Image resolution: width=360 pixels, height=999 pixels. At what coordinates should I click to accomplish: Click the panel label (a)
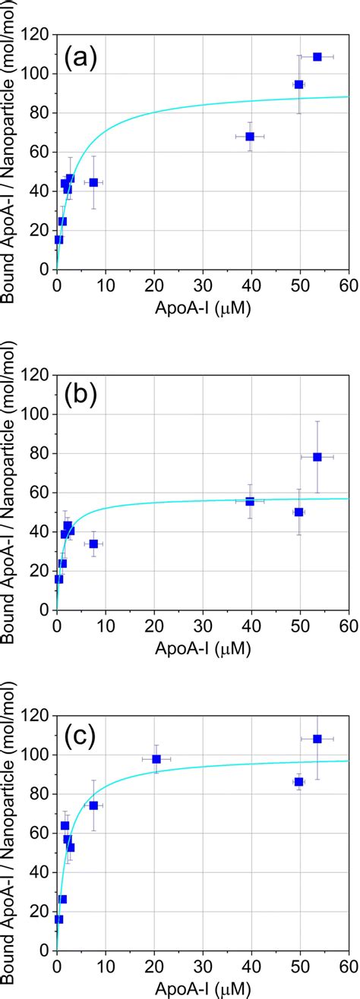pos(80,57)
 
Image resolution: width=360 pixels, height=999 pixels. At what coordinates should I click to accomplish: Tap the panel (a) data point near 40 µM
pos(250,137)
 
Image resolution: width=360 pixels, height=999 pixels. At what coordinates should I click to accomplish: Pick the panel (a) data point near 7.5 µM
pos(93,182)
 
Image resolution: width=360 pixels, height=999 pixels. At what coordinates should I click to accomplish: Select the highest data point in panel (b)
pos(317,457)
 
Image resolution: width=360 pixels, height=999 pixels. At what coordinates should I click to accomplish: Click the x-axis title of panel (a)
pos(202,309)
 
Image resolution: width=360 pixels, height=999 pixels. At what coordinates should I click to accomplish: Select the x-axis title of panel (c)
pos(202,989)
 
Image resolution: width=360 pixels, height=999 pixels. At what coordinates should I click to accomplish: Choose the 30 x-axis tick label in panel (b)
pos(203,625)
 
